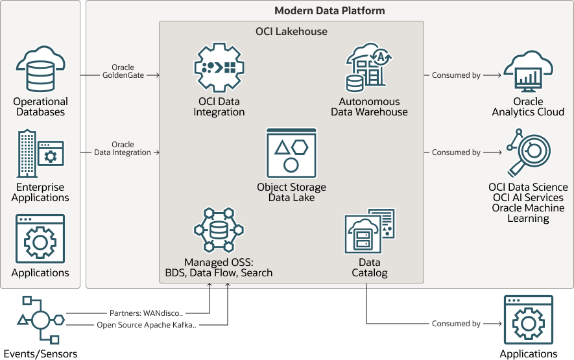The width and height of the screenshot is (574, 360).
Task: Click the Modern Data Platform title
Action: click(329, 10)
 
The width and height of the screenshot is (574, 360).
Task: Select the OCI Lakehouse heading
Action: click(291, 31)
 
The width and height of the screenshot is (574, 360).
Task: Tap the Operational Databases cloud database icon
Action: click(40, 69)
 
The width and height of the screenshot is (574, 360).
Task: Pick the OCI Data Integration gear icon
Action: click(219, 67)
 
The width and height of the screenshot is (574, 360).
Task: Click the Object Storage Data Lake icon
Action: click(291, 152)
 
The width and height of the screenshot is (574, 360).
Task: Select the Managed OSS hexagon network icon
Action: click(219, 231)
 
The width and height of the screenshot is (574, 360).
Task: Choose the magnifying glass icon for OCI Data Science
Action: click(528, 152)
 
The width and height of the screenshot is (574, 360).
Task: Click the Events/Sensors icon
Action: click(40, 320)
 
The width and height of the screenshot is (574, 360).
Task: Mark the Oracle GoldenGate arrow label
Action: click(123, 71)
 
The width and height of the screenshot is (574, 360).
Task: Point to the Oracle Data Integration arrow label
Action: click(123, 149)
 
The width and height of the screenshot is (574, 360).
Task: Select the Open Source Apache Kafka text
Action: click(147, 325)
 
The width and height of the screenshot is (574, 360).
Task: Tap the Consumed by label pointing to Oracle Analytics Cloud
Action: click(456, 75)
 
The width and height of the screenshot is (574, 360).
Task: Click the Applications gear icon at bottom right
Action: click(528, 320)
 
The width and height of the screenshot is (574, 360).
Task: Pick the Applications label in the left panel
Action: click(40, 273)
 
